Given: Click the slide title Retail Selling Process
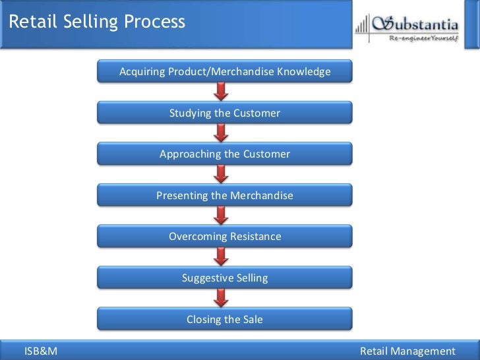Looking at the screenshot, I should [x=97, y=22].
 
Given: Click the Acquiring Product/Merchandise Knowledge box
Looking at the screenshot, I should [x=225, y=71].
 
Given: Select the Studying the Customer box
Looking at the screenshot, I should [x=225, y=113].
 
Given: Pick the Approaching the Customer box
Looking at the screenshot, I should [x=225, y=154].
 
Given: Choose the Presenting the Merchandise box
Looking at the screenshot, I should [x=225, y=195].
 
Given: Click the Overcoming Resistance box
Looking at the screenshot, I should [x=225, y=236].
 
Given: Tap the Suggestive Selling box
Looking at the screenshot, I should [x=225, y=278].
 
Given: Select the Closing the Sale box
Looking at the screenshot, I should [x=225, y=319].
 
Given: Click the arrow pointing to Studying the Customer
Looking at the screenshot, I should [x=222, y=92].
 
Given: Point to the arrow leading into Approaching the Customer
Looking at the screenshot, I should [x=222, y=133].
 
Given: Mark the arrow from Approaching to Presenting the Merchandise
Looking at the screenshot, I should [x=222, y=175].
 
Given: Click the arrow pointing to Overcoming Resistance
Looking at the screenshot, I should [x=222, y=216].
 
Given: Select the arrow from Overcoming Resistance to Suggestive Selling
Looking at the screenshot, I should [x=222, y=257].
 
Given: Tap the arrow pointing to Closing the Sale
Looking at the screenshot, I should [x=222, y=298].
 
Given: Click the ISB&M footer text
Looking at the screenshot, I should [x=41, y=351].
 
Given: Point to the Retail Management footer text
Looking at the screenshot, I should [x=408, y=351].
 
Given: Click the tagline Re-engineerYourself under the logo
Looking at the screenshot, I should [x=421, y=38].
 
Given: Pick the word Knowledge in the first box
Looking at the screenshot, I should [x=304, y=71].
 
